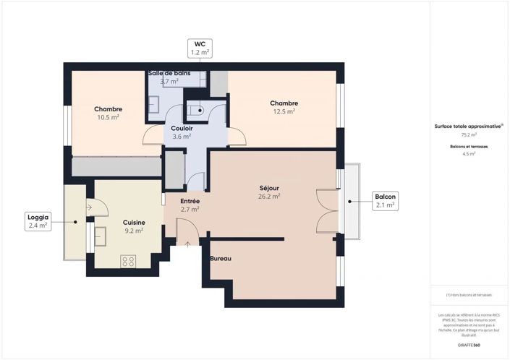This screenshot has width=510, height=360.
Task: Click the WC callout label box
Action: [x=200, y=48]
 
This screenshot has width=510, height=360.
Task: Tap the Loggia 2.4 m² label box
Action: [x=38, y=221]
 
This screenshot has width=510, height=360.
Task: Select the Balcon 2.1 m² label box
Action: [x=384, y=201]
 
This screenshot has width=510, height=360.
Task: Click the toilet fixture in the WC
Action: [x=195, y=111]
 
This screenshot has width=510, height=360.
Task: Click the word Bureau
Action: [x=221, y=258]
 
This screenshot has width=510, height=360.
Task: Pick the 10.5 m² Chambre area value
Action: [x=108, y=117]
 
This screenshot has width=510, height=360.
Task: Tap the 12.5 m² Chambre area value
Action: [x=284, y=111]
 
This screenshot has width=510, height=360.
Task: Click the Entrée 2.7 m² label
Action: [x=190, y=205]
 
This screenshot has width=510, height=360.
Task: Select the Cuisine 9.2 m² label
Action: [x=133, y=227]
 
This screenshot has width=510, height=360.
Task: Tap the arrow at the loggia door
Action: [x=88, y=207]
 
